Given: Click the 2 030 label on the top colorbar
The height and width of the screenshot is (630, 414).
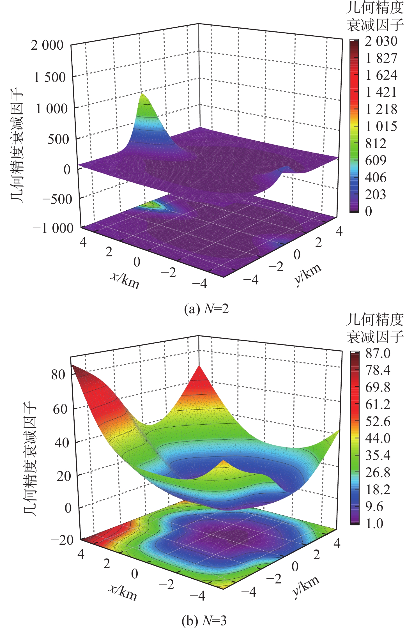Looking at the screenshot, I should click(x=381, y=42).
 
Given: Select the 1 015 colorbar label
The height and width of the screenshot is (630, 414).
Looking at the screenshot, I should click(x=381, y=127).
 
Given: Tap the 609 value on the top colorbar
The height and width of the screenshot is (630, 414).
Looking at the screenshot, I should click(x=376, y=160).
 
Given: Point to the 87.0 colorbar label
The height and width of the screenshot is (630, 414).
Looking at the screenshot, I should click(x=378, y=353).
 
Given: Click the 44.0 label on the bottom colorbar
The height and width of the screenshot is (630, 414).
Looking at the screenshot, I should click(x=378, y=438).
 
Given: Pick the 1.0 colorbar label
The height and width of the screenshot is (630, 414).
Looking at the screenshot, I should click(x=374, y=523).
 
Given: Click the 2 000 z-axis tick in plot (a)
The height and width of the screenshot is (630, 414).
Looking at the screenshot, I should click(x=47, y=45).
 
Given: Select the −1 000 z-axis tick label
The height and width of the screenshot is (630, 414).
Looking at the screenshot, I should click(x=53, y=228).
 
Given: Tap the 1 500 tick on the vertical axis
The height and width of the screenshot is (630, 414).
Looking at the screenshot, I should click(x=49, y=77).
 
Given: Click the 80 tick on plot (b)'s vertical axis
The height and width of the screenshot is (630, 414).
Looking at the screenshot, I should click(x=58, y=374).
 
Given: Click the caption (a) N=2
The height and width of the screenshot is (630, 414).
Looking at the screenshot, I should click(x=206, y=309).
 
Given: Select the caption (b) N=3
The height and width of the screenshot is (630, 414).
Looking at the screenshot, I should click(x=204, y=620).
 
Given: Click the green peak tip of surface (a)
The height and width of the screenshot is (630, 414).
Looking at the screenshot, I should click(x=143, y=94).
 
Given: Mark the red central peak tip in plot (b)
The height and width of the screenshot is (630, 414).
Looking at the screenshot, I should click(x=199, y=366).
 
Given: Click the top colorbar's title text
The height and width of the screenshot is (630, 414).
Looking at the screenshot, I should click(x=375, y=16).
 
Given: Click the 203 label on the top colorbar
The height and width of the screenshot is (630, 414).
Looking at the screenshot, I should click(x=375, y=195).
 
